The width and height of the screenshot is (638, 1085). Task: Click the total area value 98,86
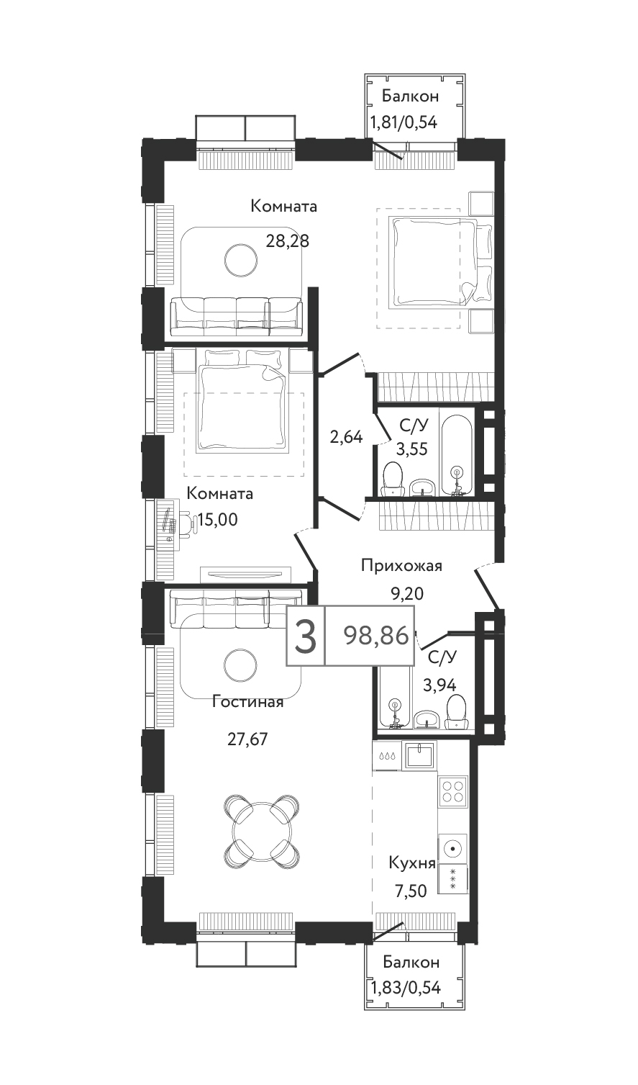point(375,636)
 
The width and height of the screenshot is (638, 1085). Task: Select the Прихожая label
point(402,565)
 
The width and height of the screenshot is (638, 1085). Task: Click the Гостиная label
point(247,702)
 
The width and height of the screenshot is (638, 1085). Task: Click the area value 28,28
point(288,240)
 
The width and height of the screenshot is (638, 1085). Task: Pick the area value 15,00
point(217,520)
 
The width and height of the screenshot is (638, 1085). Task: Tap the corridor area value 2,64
point(346,438)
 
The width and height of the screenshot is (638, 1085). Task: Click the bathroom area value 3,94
point(439,685)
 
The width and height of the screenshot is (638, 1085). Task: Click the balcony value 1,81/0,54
point(404,122)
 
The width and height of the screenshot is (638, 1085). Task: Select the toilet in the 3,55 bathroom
point(393,479)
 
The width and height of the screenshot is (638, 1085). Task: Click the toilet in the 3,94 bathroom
point(457,711)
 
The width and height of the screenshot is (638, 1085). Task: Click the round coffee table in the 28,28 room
point(241,260)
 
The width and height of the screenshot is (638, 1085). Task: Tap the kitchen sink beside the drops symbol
point(419,755)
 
